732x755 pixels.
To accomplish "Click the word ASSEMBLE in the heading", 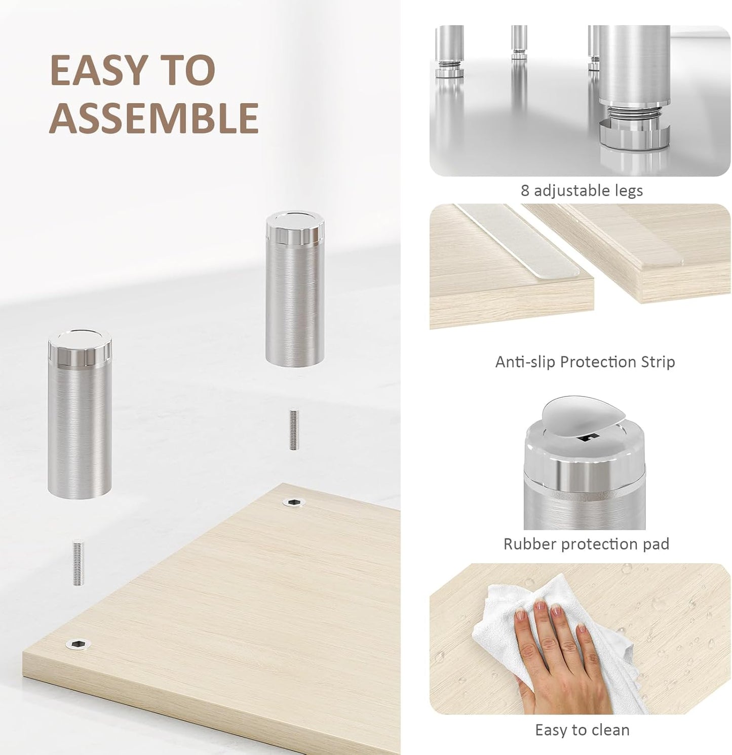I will [154, 117].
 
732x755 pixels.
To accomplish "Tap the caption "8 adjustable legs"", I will [582, 191].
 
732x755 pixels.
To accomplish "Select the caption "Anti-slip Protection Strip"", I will [585, 362].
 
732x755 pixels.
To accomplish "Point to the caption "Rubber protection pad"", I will [586, 544].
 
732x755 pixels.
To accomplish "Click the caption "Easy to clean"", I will [582, 730].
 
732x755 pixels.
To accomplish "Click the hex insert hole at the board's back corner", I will [292, 502].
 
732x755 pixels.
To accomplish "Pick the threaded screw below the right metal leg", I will [293, 429].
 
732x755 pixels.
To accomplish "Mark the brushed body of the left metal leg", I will [80, 430].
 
